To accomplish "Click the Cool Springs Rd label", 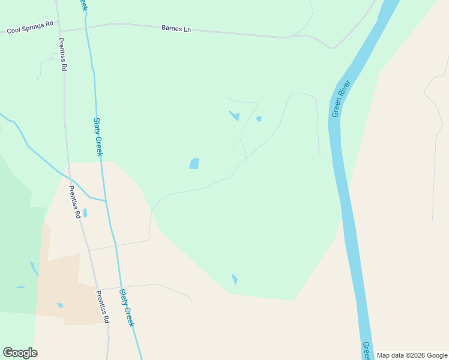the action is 30,27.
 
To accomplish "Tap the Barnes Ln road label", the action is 176,28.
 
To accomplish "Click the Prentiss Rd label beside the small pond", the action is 74,202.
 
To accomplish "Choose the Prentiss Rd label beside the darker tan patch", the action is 101,307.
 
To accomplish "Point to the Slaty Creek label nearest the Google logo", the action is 127,307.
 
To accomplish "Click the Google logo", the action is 20,353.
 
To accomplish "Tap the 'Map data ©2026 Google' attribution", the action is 412,355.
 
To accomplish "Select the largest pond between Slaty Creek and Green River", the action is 194,163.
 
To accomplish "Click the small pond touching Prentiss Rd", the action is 85,213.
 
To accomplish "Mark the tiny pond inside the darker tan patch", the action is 59,305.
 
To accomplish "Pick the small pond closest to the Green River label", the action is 259,119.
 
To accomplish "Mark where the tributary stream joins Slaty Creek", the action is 106,200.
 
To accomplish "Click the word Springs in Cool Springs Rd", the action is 32,27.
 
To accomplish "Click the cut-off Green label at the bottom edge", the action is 366,350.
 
